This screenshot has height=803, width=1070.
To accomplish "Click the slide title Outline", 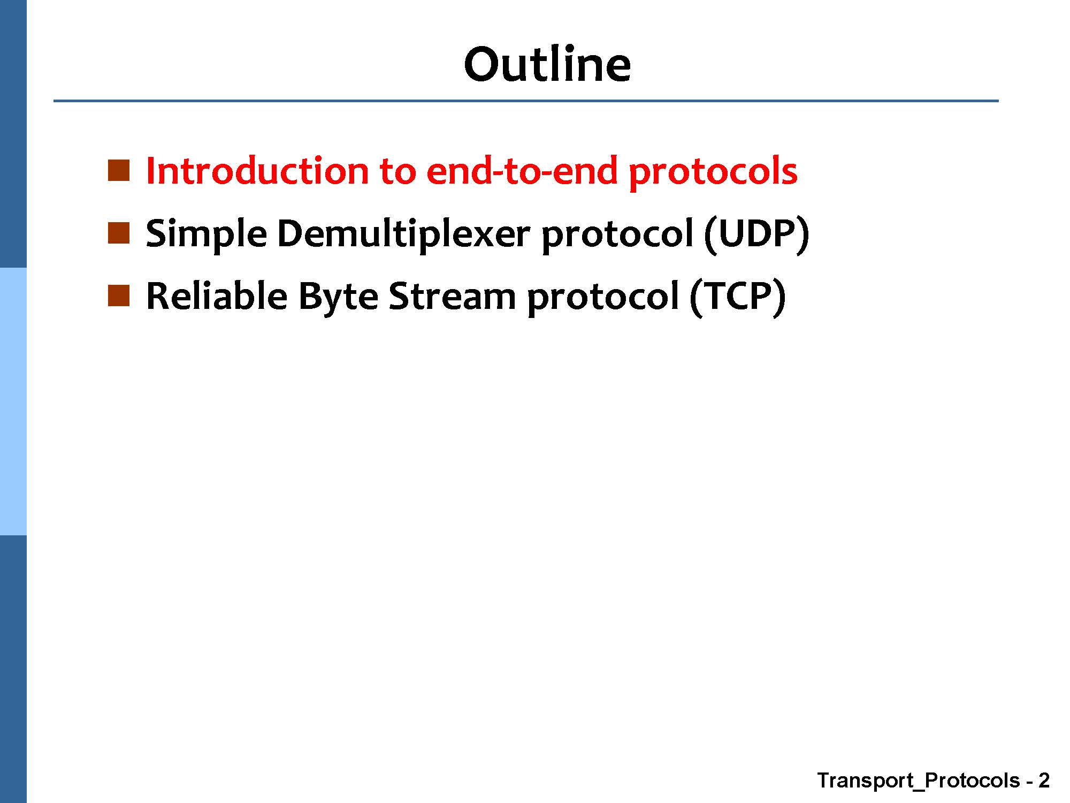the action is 547,64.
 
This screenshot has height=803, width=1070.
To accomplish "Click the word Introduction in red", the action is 257,171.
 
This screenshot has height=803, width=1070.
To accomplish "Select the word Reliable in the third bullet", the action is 217,296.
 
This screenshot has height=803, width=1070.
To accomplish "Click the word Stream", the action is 452,296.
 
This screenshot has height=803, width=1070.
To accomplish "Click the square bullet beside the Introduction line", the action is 119,171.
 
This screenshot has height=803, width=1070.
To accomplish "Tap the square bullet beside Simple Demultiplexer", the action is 119,233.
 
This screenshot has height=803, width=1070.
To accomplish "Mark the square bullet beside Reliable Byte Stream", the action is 119,296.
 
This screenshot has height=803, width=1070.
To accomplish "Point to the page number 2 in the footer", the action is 1043,781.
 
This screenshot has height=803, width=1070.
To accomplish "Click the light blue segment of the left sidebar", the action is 13,401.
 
